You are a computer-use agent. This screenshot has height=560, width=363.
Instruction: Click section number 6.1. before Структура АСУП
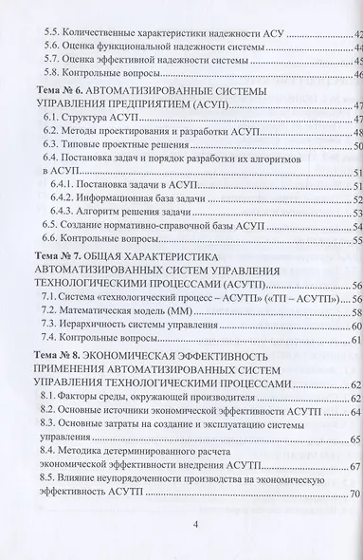54,120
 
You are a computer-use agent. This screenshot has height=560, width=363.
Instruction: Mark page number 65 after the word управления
355,439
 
